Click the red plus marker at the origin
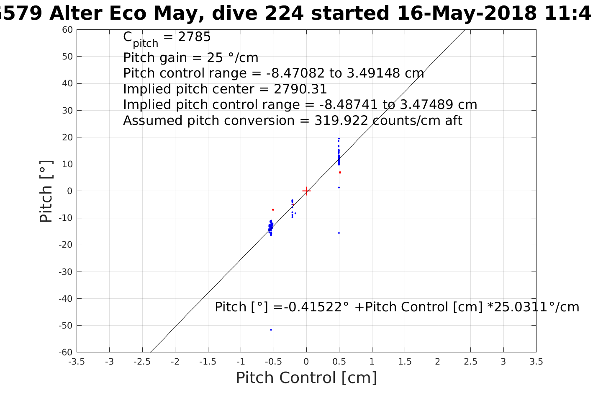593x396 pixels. coord(306,191)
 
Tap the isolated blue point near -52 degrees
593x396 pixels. coord(271,330)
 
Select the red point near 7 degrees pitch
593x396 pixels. coord(340,172)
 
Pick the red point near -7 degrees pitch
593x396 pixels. coord(273,210)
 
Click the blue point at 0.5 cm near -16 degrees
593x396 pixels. coord(339,233)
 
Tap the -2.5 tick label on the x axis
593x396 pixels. coord(142,362)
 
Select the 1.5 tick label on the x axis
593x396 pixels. coord(405,362)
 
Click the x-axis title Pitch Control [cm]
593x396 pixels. coord(306,378)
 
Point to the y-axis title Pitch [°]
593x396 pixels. coord(46,191)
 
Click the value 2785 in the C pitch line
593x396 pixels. coord(194,37)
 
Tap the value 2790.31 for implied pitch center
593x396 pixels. coord(300,89)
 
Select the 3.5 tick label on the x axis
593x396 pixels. coord(536,362)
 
